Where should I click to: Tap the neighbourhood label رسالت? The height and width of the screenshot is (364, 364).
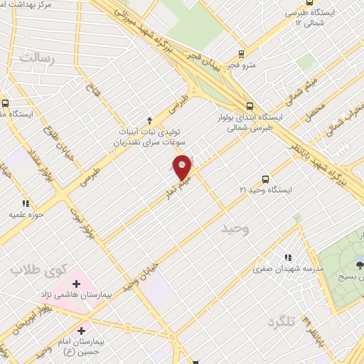pyautogui.click(x=37, y=58)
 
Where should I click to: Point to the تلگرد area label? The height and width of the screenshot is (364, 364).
pyautogui.click(x=282, y=322)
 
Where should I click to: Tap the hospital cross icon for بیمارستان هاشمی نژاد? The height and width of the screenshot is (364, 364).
pyautogui.click(x=76, y=284)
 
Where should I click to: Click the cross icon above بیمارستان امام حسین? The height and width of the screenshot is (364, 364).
pyautogui.click(x=82, y=331)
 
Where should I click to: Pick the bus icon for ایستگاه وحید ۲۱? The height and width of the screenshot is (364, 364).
pyautogui.click(x=265, y=180)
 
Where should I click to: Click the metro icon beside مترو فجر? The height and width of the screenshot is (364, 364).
pyautogui.click(x=242, y=53)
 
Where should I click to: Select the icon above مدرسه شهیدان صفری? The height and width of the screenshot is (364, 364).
pyautogui.click(x=287, y=257)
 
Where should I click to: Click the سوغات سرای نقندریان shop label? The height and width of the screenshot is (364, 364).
pyautogui.click(x=149, y=142)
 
